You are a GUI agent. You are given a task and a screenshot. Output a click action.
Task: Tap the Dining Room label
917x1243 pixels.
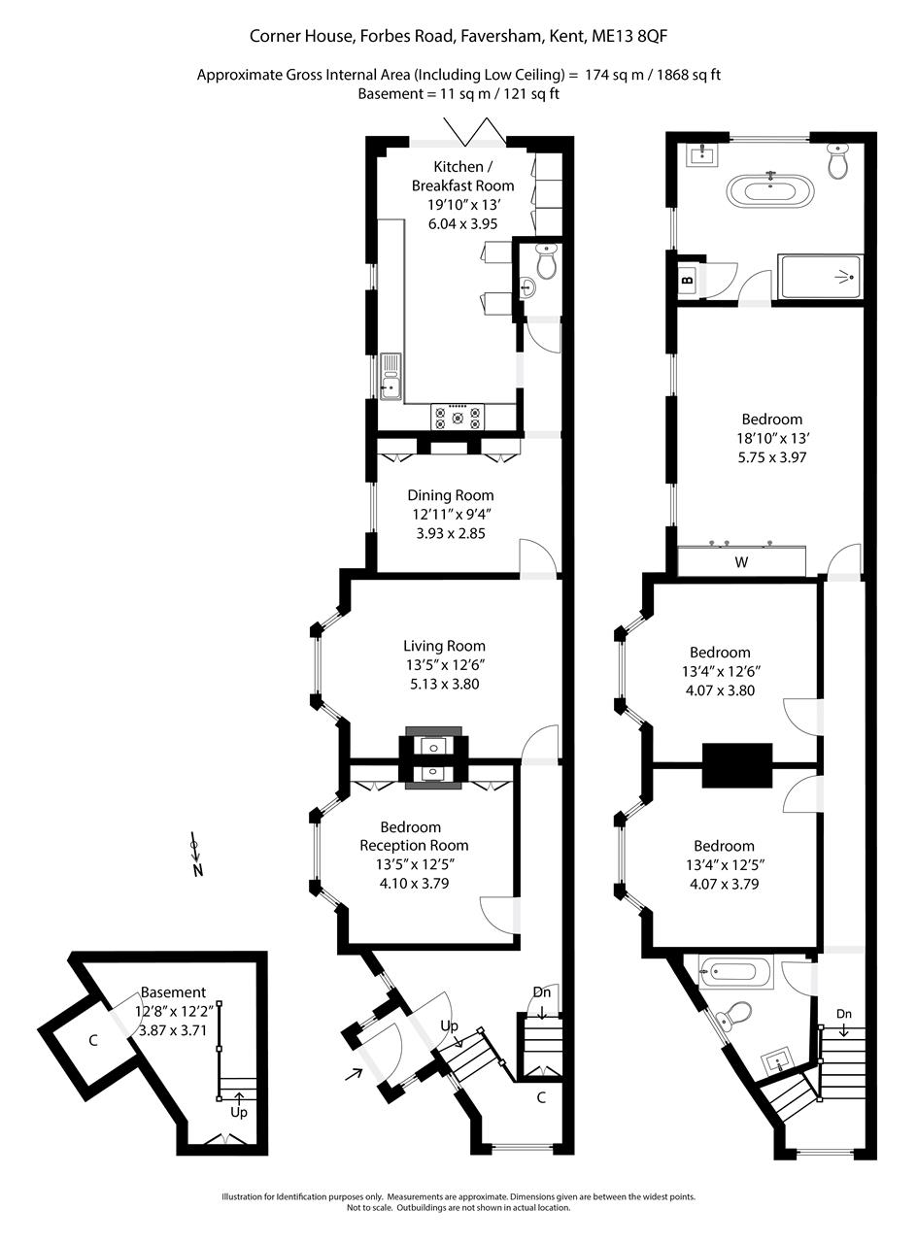(450, 495)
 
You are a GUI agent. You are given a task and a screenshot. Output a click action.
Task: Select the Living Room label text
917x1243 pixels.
(444, 646)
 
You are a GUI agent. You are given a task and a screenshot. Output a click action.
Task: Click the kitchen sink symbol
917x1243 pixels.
(391, 377)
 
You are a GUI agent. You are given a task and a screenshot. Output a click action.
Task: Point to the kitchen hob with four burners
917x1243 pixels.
(458, 417)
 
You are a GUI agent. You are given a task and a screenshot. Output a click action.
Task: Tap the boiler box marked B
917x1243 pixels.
(688, 281)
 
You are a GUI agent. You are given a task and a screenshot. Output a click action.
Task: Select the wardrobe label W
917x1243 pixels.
(741, 562)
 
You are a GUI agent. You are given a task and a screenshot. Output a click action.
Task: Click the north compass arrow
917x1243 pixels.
(196, 856)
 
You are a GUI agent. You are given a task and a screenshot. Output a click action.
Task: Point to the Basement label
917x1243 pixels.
(173, 992)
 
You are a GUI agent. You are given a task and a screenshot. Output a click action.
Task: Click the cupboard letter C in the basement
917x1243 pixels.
(93, 1041)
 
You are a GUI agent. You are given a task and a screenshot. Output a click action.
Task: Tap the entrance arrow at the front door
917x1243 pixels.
(355, 1073)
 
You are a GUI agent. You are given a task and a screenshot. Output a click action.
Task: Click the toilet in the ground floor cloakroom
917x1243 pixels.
(547, 261)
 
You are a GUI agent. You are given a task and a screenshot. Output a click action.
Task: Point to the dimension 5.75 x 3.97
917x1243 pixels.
(773, 457)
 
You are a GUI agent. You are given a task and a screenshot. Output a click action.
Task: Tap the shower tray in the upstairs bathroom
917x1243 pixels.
(820, 277)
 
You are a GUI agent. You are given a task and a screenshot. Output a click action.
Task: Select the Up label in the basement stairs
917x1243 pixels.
(239, 1112)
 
